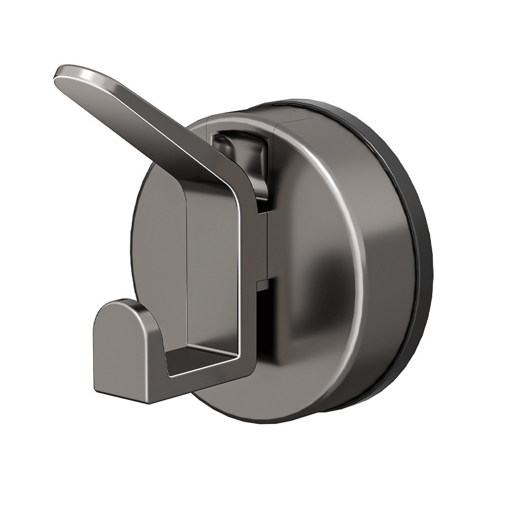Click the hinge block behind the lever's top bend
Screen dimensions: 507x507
[x=244, y=152]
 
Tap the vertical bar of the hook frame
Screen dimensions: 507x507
[x=250, y=266]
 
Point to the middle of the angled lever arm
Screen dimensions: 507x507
[x=152, y=120]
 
